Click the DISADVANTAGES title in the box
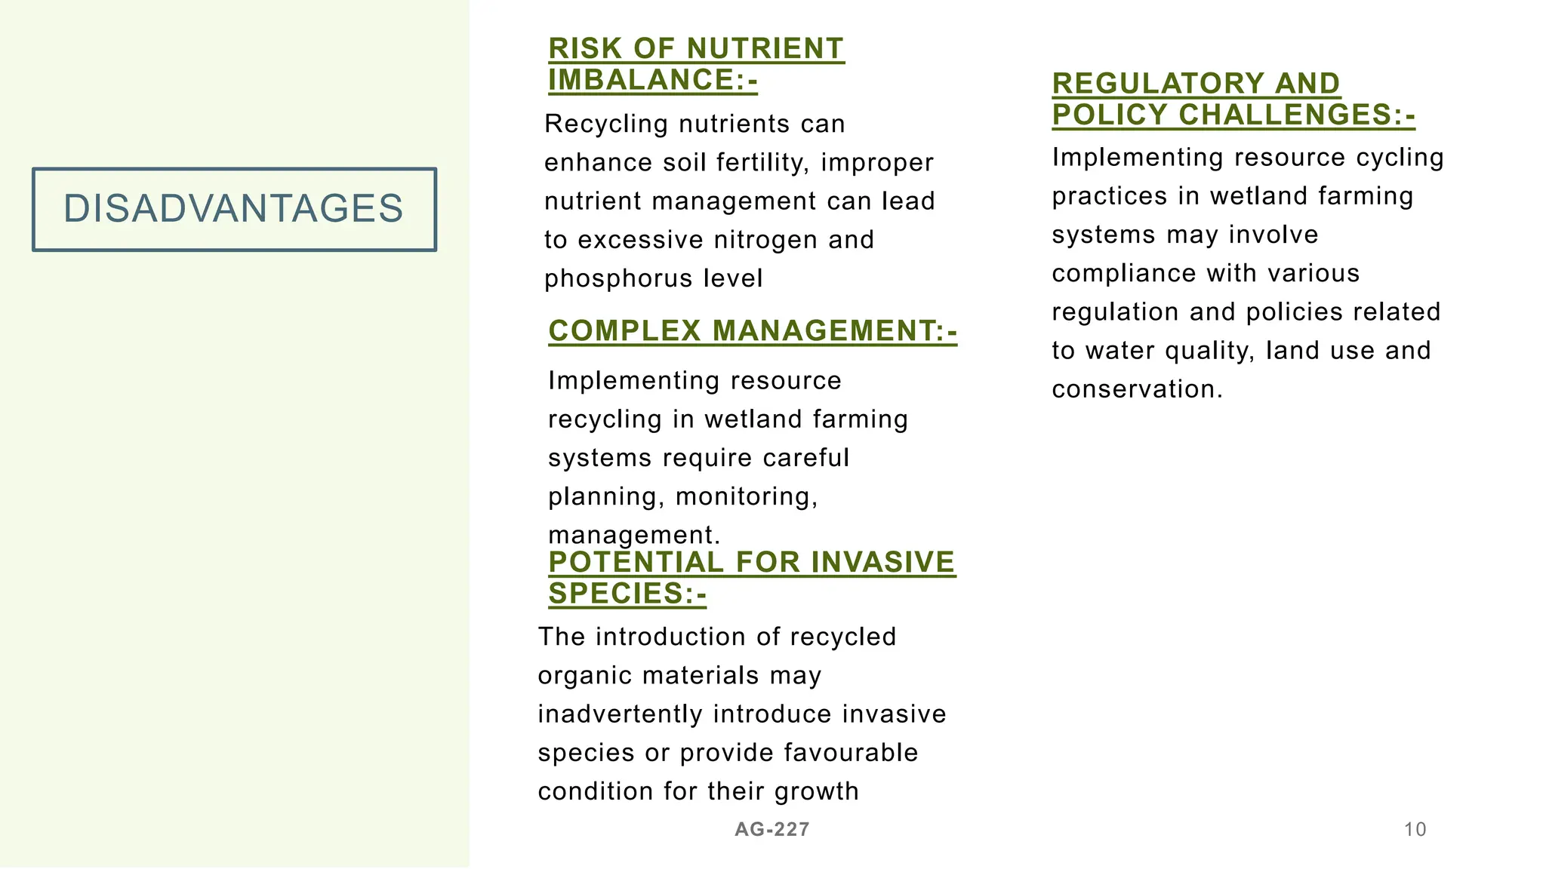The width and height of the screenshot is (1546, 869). [x=233, y=209]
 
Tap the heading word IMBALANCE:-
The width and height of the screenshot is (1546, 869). [x=653, y=80]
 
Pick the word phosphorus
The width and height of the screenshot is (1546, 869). [x=618, y=279]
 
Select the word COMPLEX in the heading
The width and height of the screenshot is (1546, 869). [x=624, y=331]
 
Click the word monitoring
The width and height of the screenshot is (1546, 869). [x=746, y=496]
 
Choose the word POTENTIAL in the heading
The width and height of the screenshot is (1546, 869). [x=636, y=563]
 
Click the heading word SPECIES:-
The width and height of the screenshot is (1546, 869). [x=627, y=594]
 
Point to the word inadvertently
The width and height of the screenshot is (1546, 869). [x=620, y=714]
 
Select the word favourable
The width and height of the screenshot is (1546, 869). [x=851, y=753]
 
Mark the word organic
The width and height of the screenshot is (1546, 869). [x=584, y=676]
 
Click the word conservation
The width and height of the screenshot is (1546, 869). [x=1136, y=389]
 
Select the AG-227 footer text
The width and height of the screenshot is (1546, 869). [x=771, y=830]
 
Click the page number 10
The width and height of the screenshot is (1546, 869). [x=1415, y=830]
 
